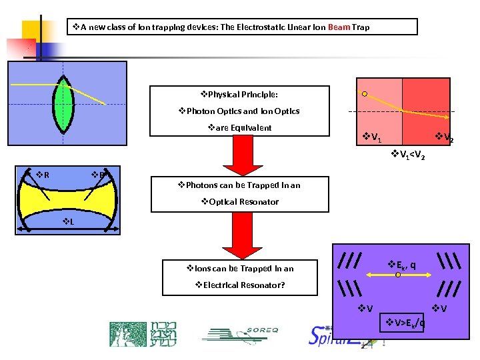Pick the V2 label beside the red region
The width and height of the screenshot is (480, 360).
coord(447,139)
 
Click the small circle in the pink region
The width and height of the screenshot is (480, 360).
coord(364,94)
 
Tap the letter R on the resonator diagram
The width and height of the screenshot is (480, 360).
coord(46,176)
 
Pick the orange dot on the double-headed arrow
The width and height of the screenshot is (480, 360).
coord(398,273)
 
